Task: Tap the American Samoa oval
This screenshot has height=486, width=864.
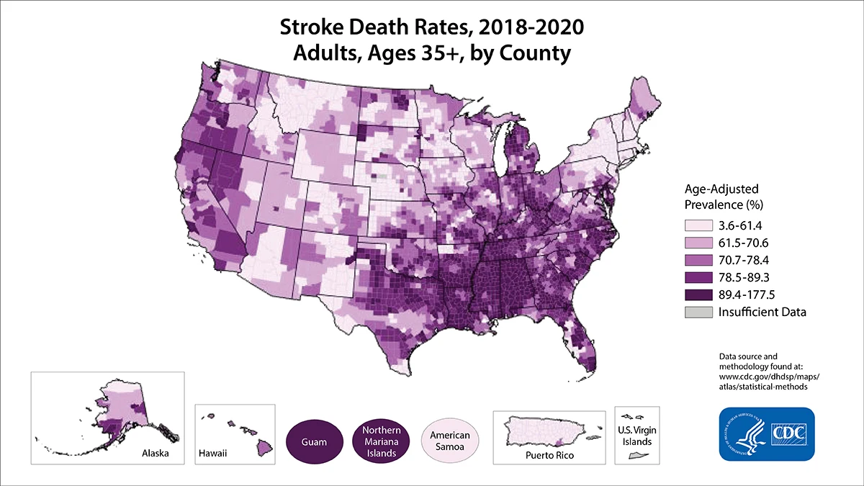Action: click(x=450, y=440)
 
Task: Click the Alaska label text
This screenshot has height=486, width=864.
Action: click(x=156, y=455)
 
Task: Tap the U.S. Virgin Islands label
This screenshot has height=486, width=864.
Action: click(x=634, y=435)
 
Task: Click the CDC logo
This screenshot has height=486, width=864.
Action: click(x=766, y=434)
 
